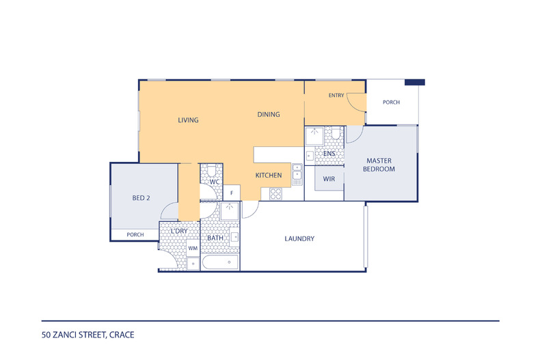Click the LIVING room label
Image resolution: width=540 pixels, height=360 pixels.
point(188,120)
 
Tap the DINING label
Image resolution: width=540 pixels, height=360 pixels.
point(268,114)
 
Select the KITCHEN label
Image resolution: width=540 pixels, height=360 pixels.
point(268,175)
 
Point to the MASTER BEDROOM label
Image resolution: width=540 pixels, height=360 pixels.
point(379,165)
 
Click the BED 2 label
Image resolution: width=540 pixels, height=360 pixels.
point(141,198)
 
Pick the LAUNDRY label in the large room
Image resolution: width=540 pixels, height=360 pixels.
point(299,238)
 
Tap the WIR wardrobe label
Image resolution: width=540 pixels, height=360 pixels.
point(329,179)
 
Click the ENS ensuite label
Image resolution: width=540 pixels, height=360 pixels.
point(329,154)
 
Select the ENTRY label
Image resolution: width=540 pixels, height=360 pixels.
point(336,96)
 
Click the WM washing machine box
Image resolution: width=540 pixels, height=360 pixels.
point(193,248)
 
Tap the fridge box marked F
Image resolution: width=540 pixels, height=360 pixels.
point(232,193)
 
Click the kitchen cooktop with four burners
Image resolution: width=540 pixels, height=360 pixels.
point(275,194)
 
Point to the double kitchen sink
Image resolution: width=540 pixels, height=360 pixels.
point(297,174)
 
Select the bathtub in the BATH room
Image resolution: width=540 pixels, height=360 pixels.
point(220,262)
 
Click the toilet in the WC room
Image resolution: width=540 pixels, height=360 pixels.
point(211,171)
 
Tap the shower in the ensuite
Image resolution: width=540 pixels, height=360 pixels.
point(314,136)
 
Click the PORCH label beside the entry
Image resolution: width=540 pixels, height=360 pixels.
point(391,102)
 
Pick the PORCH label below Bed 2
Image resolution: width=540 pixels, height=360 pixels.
point(135,235)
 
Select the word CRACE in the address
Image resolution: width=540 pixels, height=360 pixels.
point(122,335)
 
